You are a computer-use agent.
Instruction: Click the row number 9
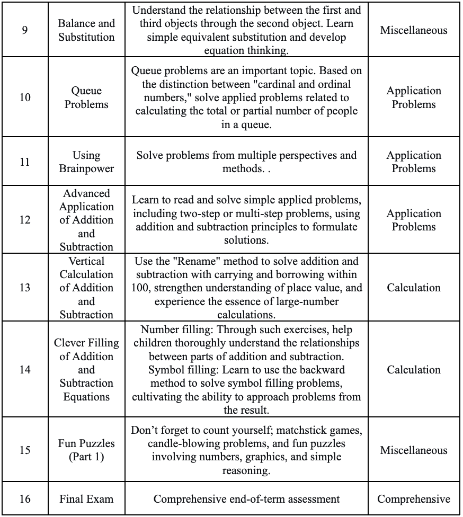(x=25, y=30)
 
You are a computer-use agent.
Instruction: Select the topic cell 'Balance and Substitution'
(x=86, y=30)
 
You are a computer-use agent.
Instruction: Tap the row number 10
(x=25, y=97)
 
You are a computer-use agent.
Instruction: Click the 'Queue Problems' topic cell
(x=86, y=97)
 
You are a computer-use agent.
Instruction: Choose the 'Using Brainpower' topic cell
(x=86, y=162)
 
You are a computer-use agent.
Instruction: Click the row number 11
(x=25, y=162)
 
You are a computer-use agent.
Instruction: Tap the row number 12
(x=25, y=220)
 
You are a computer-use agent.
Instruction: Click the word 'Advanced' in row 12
(x=86, y=193)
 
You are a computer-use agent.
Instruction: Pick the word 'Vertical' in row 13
(x=86, y=261)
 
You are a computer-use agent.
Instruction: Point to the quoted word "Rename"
(x=188, y=261)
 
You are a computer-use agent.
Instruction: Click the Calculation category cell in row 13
(x=414, y=288)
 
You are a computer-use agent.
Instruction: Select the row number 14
(x=25, y=369)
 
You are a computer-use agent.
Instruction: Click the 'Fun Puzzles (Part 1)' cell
(x=86, y=450)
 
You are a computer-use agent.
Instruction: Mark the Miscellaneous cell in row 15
(x=414, y=450)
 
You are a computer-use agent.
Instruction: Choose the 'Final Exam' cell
(x=86, y=498)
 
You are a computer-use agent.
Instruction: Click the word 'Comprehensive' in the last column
(x=414, y=498)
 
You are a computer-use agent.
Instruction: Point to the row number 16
(x=25, y=498)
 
